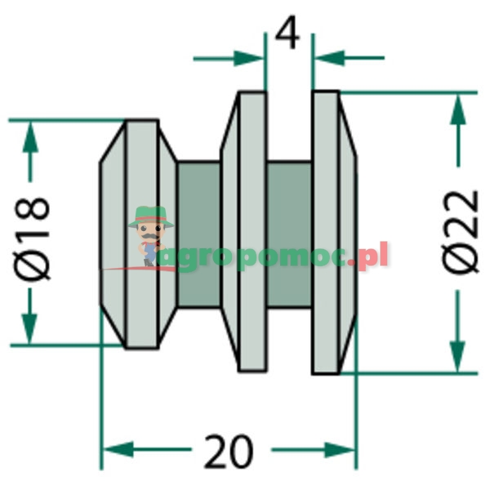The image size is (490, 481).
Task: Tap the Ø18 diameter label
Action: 32,238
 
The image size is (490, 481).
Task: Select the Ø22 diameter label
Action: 460,232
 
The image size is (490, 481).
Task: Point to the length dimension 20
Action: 229,450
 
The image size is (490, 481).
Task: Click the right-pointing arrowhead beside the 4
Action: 248,59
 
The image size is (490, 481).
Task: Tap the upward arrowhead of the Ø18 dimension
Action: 30,137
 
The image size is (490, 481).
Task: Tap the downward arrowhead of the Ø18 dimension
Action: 29,329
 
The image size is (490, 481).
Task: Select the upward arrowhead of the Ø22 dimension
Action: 458,109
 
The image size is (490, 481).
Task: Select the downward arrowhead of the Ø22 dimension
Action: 458,357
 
